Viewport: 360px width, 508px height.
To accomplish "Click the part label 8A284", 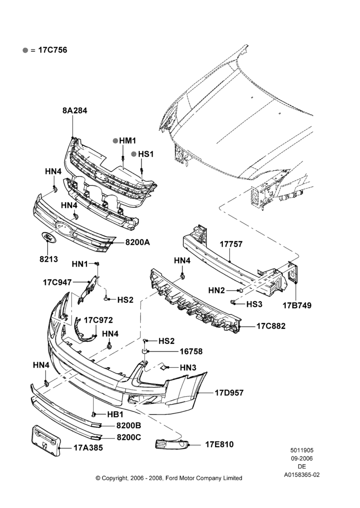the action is tap(75, 110).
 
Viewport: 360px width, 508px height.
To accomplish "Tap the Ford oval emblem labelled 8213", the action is tap(49, 237).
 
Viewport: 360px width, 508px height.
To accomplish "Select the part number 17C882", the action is tap(271, 326).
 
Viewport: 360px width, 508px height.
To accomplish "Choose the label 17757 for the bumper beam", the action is tap(231, 244).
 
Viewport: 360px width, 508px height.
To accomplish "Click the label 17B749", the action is tap(297, 305).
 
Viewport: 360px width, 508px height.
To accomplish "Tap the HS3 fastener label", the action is tap(254, 304).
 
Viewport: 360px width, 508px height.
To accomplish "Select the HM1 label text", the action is tap(128, 141).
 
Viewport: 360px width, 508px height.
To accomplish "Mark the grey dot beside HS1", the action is tap(134, 154).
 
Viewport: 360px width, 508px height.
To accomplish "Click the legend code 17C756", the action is tap(52, 50).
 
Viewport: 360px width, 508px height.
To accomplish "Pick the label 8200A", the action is tap(137, 242).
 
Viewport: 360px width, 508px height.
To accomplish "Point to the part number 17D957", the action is tap(229, 393).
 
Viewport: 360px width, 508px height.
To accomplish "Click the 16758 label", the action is tap(191, 352).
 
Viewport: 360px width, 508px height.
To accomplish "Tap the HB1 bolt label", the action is tap(115, 415).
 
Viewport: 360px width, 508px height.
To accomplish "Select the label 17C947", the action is tap(57, 282).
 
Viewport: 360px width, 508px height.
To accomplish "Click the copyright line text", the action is tap(169, 478).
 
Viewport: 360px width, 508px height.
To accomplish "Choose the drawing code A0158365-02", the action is tap(302, 474).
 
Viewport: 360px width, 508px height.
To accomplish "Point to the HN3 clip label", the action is tap(188, 367).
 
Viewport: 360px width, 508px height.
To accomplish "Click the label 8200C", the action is tap(129, 437).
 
